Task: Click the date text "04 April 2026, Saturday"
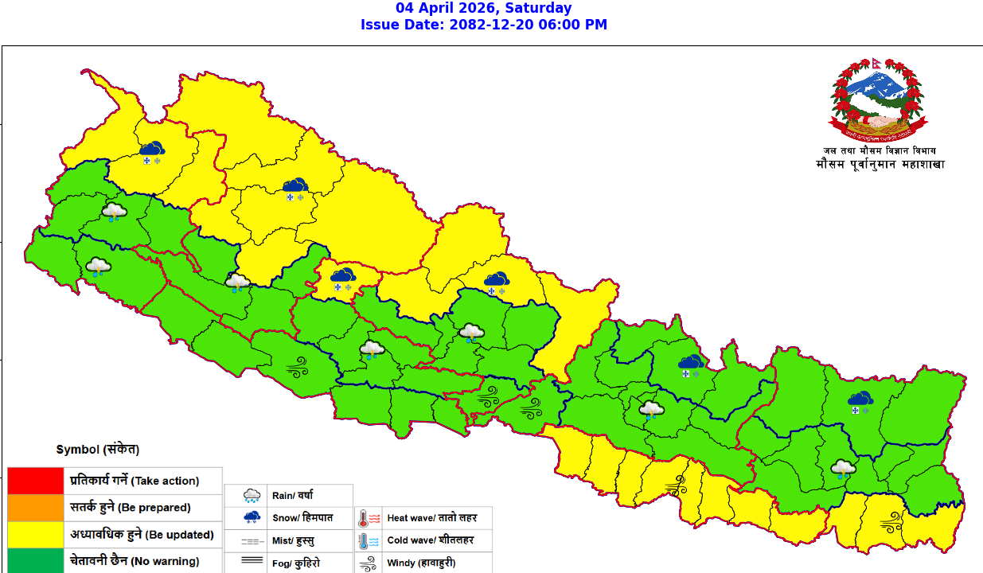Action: (x=484, y=8)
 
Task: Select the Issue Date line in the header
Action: (x=484, y=25)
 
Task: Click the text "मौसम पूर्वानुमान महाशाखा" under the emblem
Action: (x=880, y=165)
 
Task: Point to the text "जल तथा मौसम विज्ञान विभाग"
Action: (x=880, y=150)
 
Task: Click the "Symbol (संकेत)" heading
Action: (x=98, y=450)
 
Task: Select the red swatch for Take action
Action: (x=35, y=481)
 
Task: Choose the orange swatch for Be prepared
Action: (x=35, y=508)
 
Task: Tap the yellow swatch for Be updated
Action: (x=35, y=535)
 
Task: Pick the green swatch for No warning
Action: (x=35, y=561)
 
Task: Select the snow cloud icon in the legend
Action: (x=252, y=518)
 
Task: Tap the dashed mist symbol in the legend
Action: (x=252, y=540)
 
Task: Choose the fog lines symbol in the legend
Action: (x=252, y=562)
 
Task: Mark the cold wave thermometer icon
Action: (x=368, y=541)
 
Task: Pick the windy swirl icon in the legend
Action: (x=368, y=563)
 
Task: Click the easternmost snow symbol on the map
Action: (x=860, y=402)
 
